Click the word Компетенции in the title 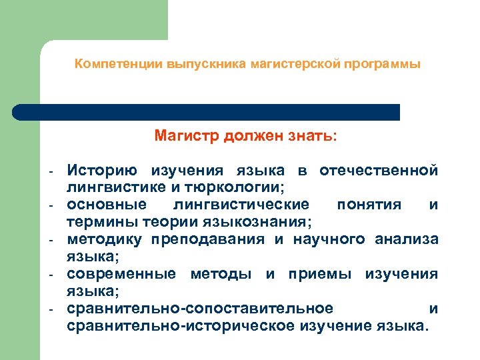click(107, 65)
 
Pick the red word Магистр click(186, 137)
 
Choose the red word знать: click(306, 137)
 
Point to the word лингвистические click(241, 204)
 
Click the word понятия click(369, 204)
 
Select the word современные click(121, 273)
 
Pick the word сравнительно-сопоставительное click(200, 308)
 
